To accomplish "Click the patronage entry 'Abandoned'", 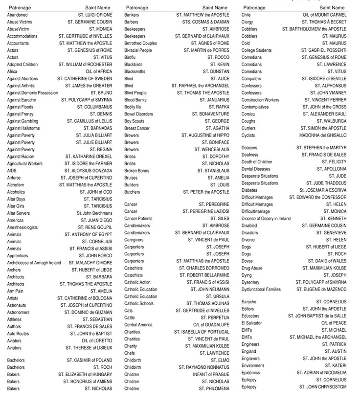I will point(17,15).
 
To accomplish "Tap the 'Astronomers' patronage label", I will point(19,312).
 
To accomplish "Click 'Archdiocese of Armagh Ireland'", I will point(34,263).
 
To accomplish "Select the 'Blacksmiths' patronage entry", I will point(136,71).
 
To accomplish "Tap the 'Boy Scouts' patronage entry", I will point(135,121).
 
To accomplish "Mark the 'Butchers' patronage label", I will point(132,192).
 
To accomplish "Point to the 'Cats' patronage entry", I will point(129,311).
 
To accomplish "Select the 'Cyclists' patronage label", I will point(248,136).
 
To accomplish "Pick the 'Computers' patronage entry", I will point(251,79).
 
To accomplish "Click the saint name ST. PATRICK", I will point(334,344).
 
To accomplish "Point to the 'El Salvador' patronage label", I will point(252,323).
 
